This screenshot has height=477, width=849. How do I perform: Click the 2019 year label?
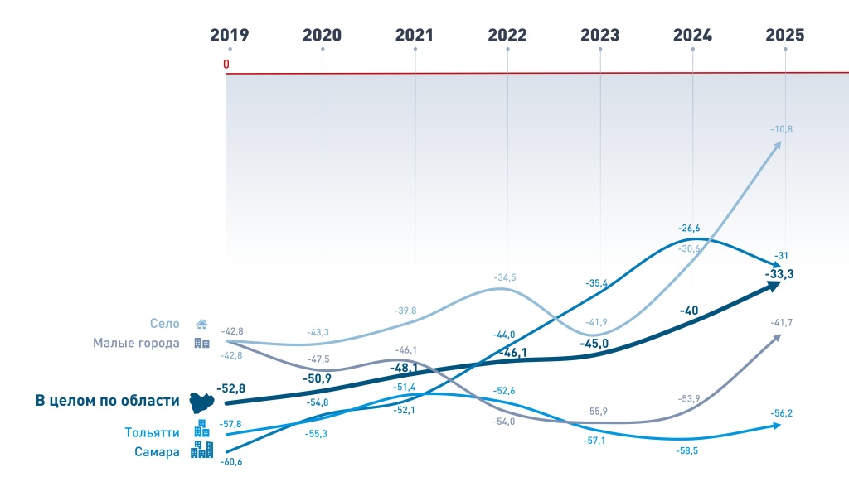[229, 35]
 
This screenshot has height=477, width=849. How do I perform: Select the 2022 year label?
[507, 35]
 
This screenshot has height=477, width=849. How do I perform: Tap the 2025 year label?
[785, 35]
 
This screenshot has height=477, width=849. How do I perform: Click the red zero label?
[226, 65]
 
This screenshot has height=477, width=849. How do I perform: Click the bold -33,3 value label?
[779, 273]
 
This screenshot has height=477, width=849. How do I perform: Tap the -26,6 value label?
[690, 228]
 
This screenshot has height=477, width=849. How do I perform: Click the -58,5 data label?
[690, 452]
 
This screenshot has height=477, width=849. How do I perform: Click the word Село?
[166, 324]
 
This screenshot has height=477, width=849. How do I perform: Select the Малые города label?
[136, 343]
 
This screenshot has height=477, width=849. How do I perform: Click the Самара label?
[158, 452]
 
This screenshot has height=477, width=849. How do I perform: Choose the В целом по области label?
[107, 401]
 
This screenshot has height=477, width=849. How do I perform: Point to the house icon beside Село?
[201, 324]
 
